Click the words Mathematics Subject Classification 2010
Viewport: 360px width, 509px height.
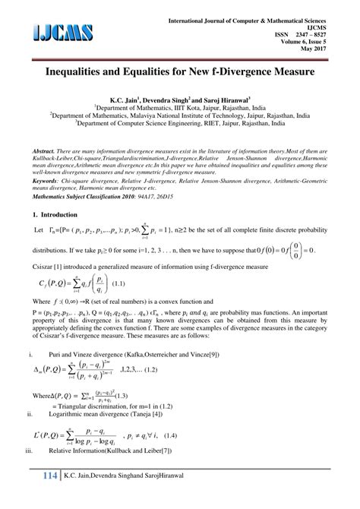(x=89, y=194)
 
